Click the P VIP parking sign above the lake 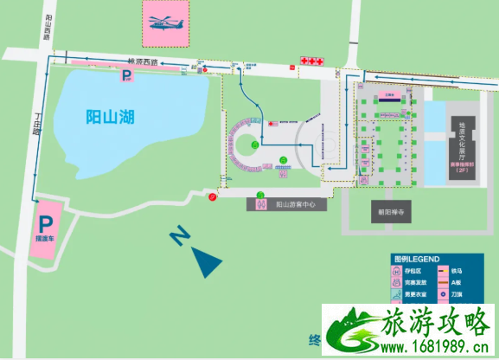(x=127, y=76)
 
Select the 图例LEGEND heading (x=417, y=259)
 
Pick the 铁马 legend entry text (x=457, y=270)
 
